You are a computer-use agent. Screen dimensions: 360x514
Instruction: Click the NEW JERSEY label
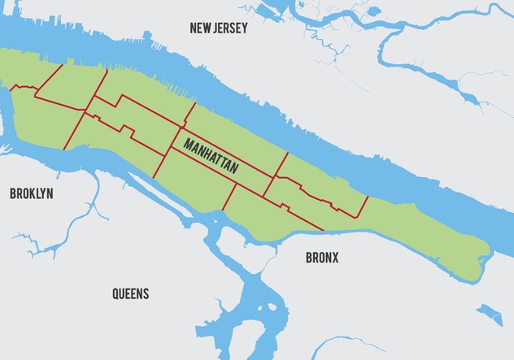(x=219, y=28)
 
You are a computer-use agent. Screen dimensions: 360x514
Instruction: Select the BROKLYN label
(x=31, y=194)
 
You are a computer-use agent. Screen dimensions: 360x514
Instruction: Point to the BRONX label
(x=322, y=258)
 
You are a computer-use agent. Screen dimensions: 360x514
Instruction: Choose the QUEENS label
(x=131, y=294)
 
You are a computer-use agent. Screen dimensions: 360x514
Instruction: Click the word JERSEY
(x=230, y=28)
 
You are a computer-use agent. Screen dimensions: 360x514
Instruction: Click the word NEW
(x=200, y=28)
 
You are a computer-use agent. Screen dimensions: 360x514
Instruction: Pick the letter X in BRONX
(x=335, y=258)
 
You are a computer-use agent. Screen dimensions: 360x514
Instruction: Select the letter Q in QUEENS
(x=116, y=294)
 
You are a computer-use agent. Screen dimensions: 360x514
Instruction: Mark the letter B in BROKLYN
(x=13, y=194)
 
